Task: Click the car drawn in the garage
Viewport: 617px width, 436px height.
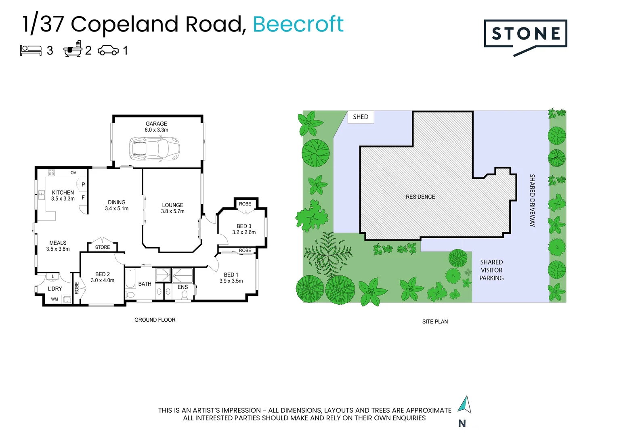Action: click(x=154, y=149)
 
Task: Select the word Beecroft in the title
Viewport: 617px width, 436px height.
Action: click(x=298, y=24)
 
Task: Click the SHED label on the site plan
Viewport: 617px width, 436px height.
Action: click(x=361, y=117)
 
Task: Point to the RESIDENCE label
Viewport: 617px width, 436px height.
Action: click(x=420, y=197)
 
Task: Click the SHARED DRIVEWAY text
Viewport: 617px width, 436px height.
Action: click(x=532, y=200)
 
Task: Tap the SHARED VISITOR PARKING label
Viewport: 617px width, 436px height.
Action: click(x=491, y=270)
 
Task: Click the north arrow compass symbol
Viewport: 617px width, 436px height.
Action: click(x=465, y=405)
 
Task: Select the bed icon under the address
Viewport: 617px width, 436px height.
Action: click(x=31, y=50)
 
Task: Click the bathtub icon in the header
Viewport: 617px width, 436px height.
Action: click(x=73, y=49)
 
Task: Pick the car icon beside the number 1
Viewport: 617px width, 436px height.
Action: click(x=108, y=50)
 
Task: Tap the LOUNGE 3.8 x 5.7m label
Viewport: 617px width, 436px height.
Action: click(x=172, y=208)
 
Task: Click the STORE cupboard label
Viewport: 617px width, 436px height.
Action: click(x=103, y=247)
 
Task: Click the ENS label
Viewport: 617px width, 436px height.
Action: click(x=183, y=287)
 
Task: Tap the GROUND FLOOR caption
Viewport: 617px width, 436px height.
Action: click(x=155, y=320)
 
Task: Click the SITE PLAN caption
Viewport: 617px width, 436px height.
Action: click(x=435, y=322)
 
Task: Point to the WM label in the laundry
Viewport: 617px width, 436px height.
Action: click(x=55, y=299)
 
